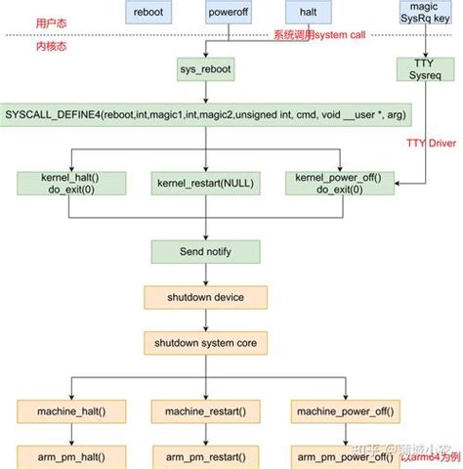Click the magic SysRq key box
[x=426, y=12]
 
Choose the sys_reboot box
[x=205, y=70]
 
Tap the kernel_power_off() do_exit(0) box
[x=339, y=183]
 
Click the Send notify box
[x=205, y=252]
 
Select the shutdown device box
[x=205, y=297]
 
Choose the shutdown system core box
[x=205, y=343]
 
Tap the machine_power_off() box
[x=342, y=412]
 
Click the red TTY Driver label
[x=429, y=141]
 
